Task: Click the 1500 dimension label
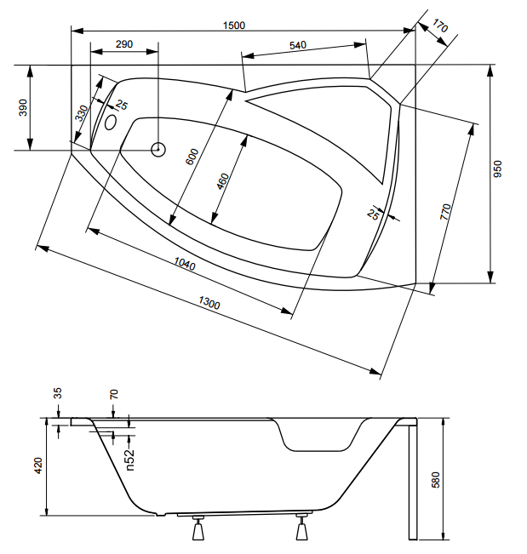click(234, 26)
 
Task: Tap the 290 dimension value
click(124, 44)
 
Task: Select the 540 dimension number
click(298, 45)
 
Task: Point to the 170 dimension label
click(439, 26)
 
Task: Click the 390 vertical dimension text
click(23, 107)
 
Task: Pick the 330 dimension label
click(82, 113)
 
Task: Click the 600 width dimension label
click(192, 157)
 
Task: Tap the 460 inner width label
click(223, 181)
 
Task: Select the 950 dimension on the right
click(497, 168)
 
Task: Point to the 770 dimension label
click(445, 212)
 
